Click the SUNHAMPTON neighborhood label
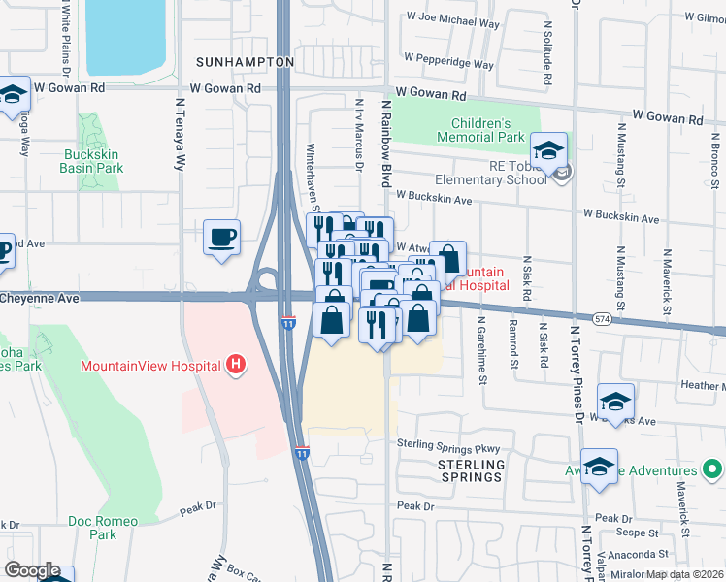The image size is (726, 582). click(245, 61)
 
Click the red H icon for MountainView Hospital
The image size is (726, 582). click(234, 366)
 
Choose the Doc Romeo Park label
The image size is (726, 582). click(99, 528)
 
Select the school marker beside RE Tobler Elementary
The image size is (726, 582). click(548, 151)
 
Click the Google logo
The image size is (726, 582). click(31, 570)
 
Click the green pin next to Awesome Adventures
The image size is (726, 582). click(712, 471)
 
